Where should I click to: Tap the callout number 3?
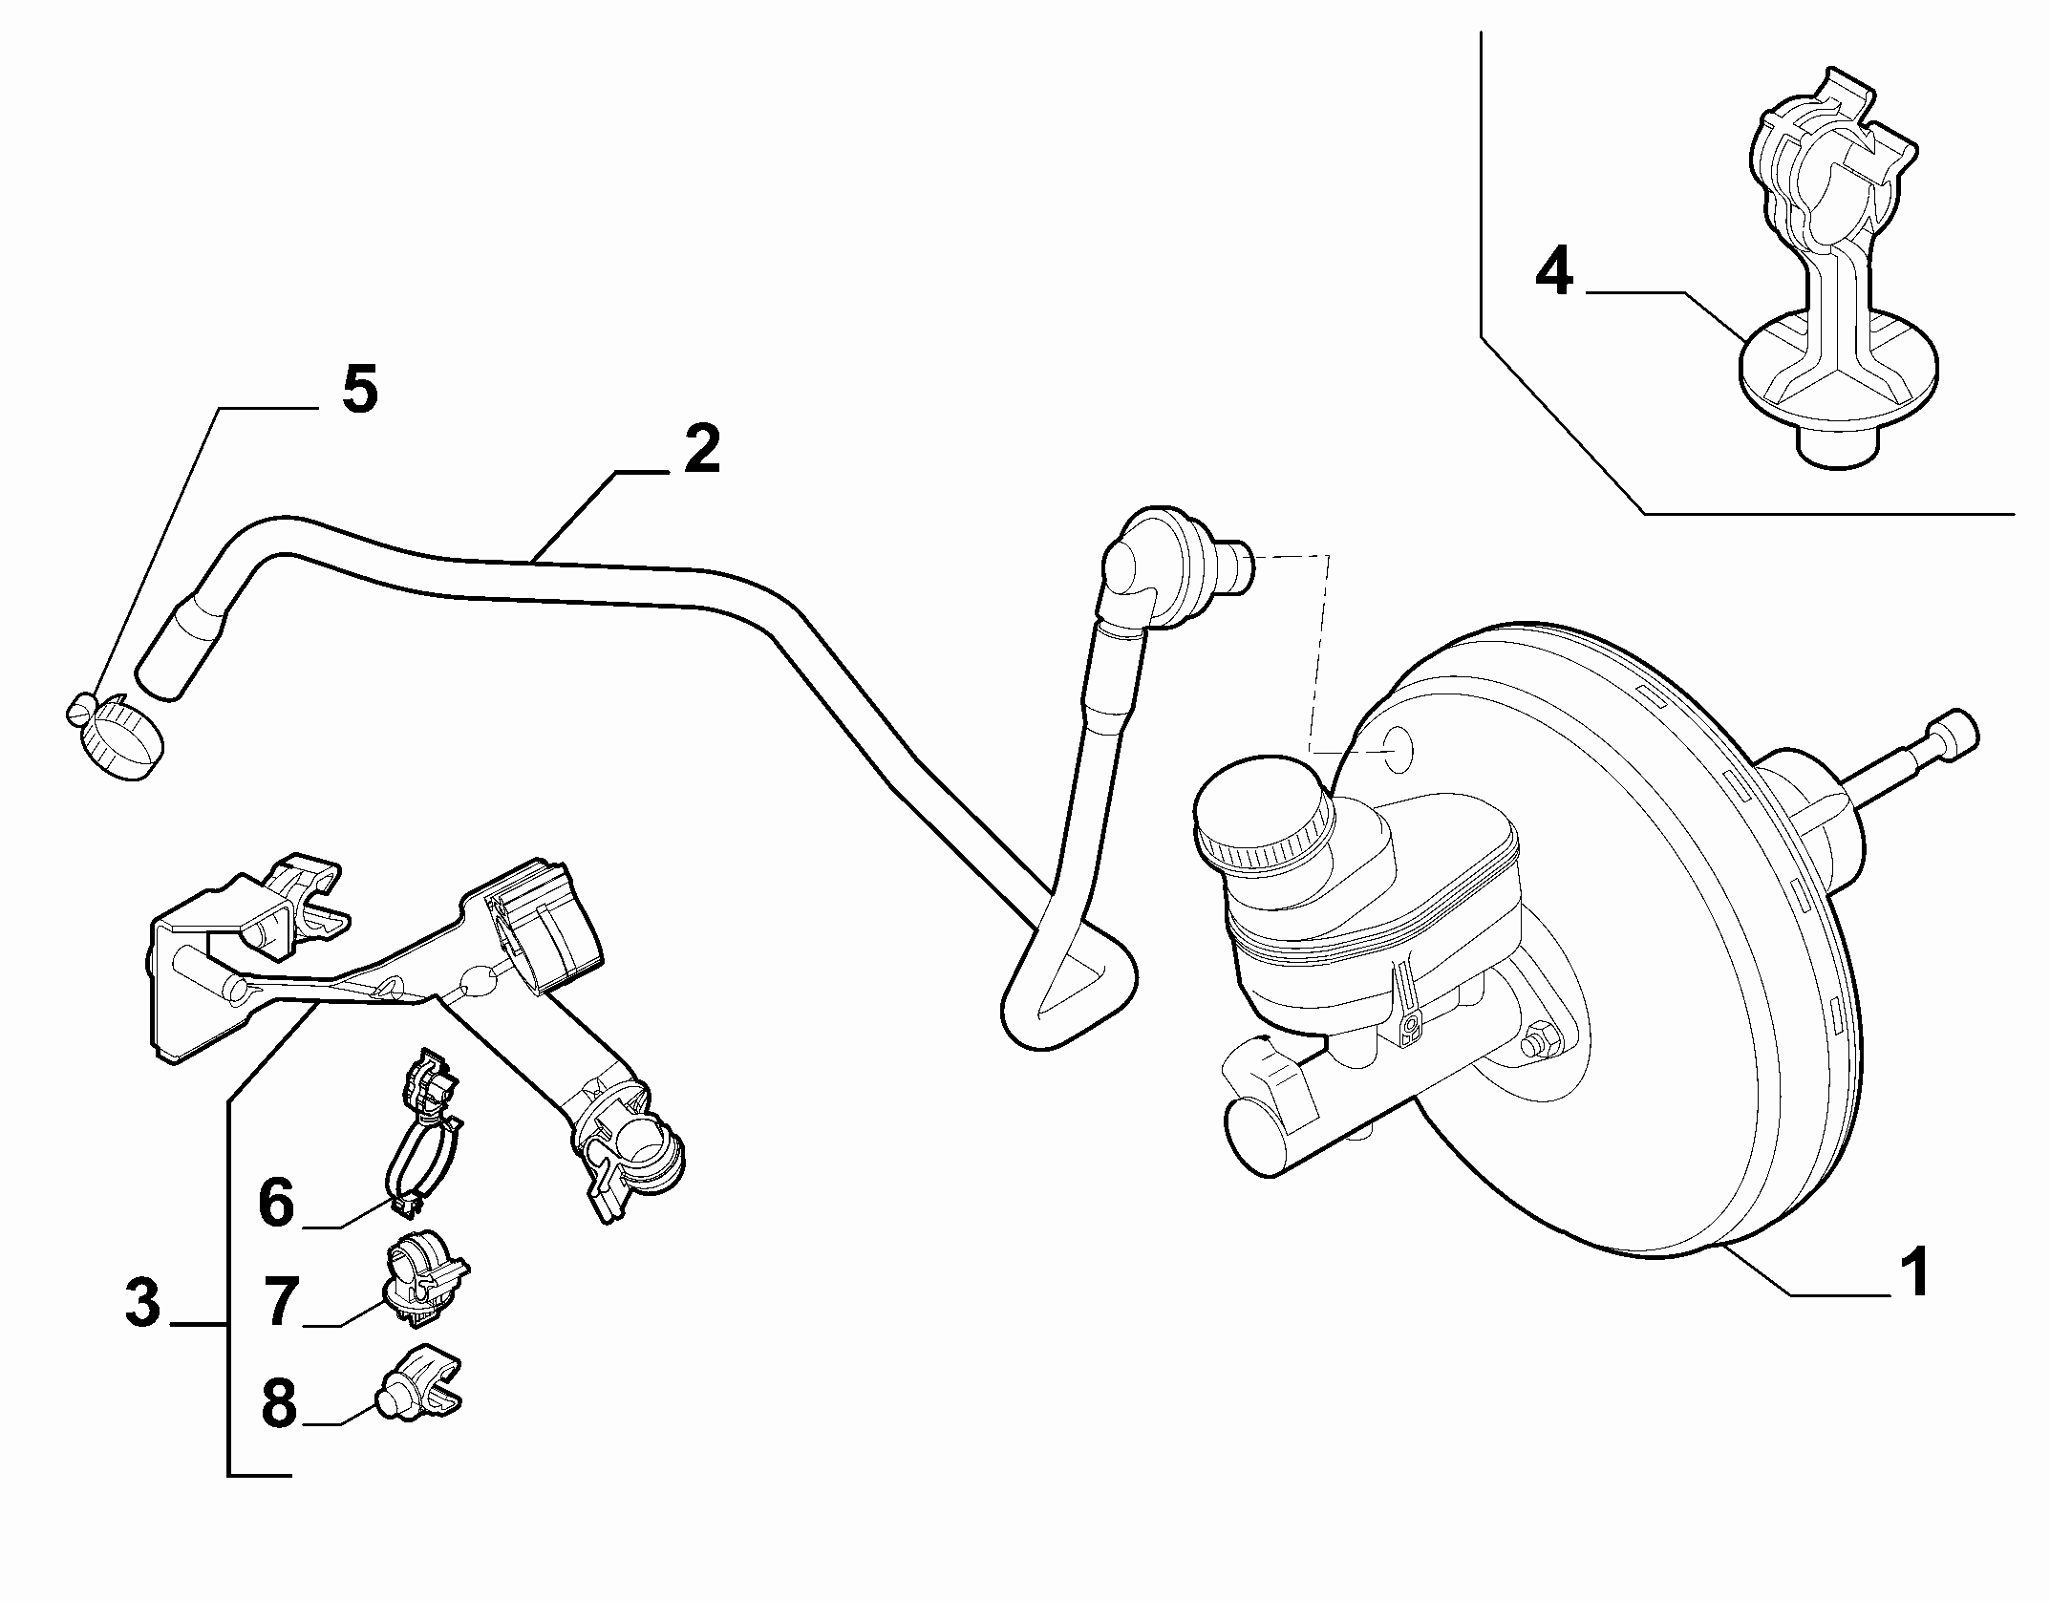(143, 1303)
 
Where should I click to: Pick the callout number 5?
(359, 389)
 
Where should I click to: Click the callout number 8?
(279, 1402)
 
